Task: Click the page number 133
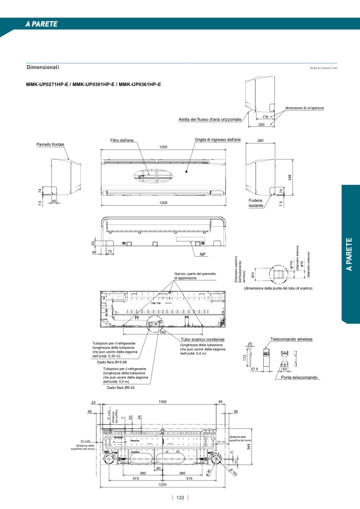pyautogui.click(x=180, y=498)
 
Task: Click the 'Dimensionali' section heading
pyautogui.click(x=43, y=67)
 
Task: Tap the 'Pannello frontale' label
pyautogui.click(x=51, y=144)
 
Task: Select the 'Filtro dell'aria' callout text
pyautogui.click(x=122, y=140)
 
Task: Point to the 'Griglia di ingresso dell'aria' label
pyautogui.click(x=217, y=139)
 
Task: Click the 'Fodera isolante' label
pyautogui.click(x=256, y=203)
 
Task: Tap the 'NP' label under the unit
pyautogui.click(x=203, y=254)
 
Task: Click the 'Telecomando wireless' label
pyautogui.click(x=291, y=339)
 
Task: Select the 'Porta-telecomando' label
pyautogui.click(x=299, y=377)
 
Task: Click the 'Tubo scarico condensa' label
pyautogui.click(x=202, y=339)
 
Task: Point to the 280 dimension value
pyautogui.click(x=260, y=141)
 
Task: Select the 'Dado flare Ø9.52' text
pyautogui.click(x=122, y=387)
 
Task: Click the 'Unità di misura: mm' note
pyautogui.click(x=323, y=69)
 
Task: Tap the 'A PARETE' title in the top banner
pyautogui.click(x=41, y=24)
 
